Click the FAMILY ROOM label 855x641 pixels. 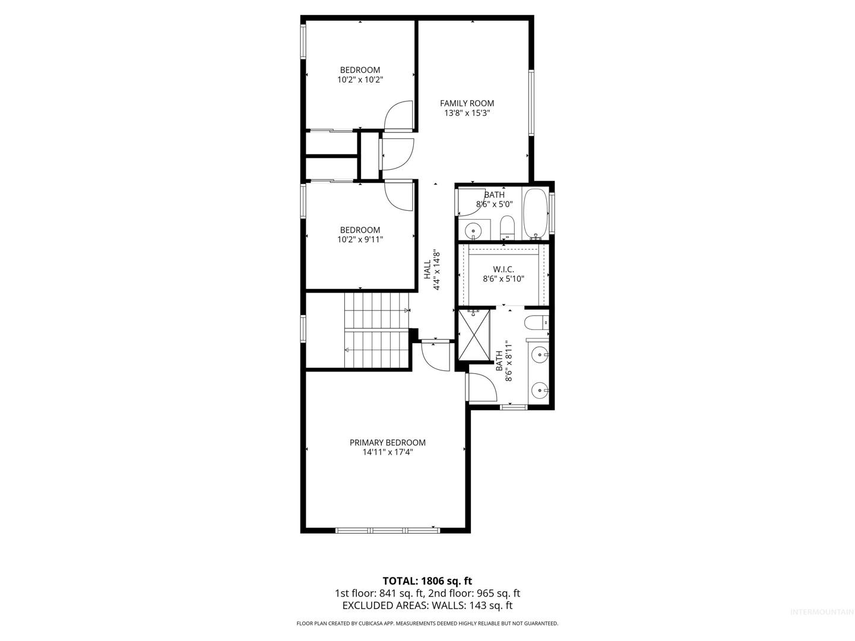(467, 103)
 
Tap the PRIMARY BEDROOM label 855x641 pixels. (387, 443)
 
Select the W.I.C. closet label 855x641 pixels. (503, 269)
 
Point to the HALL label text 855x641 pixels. (427, 269)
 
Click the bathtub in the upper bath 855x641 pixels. (536, 214)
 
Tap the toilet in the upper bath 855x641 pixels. (507, 228)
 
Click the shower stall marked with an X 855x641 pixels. (474, 335)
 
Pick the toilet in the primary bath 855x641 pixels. (536, 323)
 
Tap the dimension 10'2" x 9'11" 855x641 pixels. (360, 239)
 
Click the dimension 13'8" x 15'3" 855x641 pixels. (467, 113)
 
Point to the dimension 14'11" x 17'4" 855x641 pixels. (387, 452)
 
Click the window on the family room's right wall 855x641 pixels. (531, 103)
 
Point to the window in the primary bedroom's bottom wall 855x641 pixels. (387, 530)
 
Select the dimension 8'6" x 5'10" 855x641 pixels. (503, 279)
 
